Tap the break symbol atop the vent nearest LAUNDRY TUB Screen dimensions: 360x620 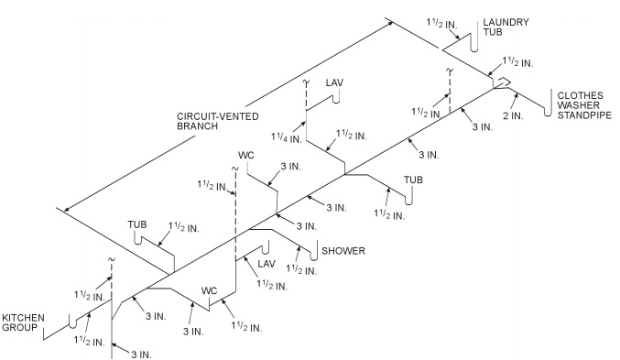(x=449, y=71)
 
